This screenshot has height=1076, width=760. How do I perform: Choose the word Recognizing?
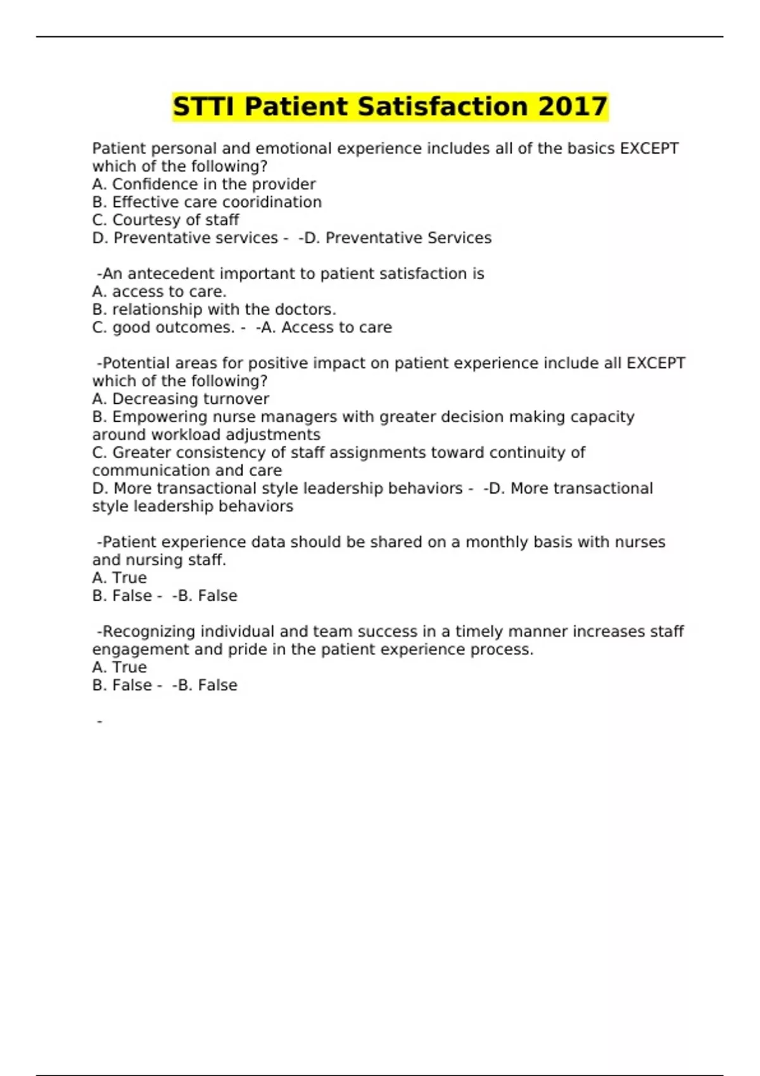(149, 632)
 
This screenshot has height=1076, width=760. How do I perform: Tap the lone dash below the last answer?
(99, 721)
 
